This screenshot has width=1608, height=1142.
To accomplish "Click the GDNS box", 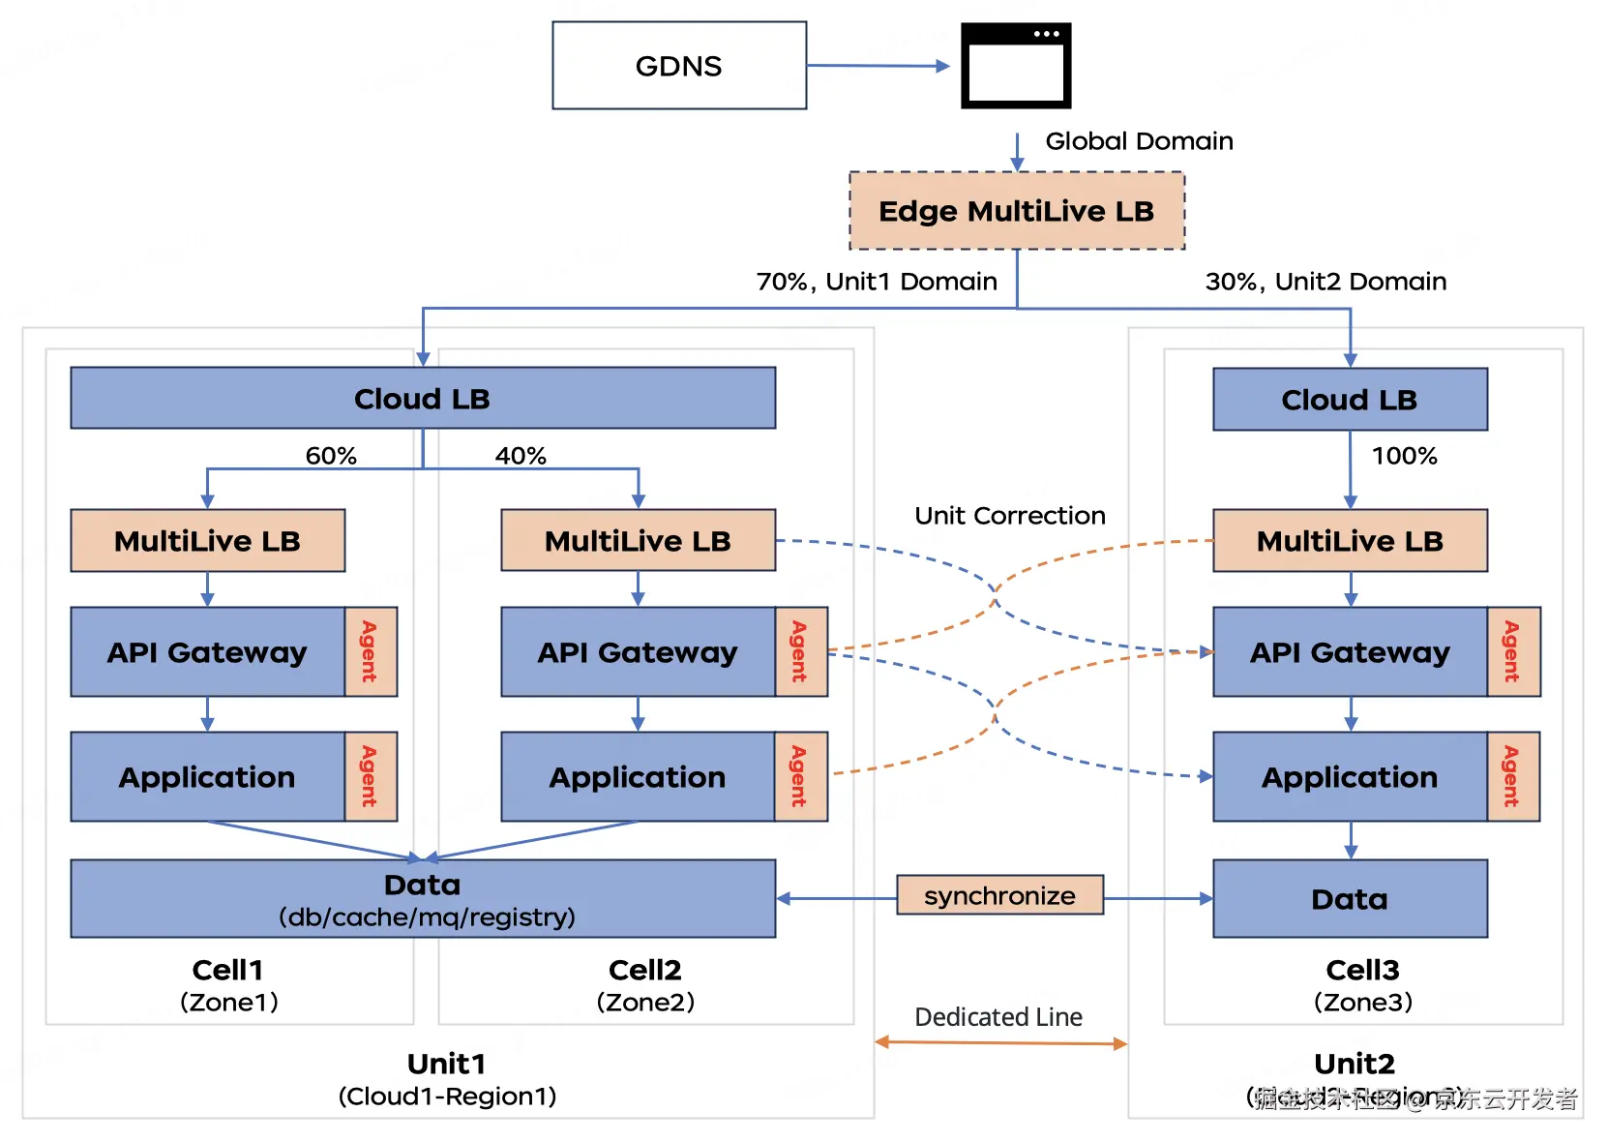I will point(678,66).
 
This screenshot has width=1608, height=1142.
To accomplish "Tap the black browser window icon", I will point(1015,66).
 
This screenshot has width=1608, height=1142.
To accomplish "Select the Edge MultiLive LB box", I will point(1016,211).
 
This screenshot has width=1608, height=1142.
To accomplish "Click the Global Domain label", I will point(1139,141).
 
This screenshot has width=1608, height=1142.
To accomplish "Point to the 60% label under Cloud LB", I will point(331,456).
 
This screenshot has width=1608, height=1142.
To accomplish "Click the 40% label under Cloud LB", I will point(521,456).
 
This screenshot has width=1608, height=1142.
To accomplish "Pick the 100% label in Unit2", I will point(1404,456).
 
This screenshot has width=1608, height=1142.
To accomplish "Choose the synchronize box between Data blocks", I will point(999,895).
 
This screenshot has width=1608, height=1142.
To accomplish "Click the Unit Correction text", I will point(1009,516).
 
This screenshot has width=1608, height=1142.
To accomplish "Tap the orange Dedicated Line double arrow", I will point(1000,1043).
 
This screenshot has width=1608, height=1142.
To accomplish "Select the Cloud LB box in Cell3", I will point(1350,400).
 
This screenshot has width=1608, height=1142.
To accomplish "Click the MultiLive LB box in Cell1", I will point(207,541).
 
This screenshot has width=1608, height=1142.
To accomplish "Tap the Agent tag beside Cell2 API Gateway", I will point(800,651).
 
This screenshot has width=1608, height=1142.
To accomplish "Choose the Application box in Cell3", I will point(1349,777).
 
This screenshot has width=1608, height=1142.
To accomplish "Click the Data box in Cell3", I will point(1349,899).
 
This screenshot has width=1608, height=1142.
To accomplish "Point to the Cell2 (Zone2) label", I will point(645,984).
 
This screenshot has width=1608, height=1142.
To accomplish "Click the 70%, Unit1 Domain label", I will point(876,282).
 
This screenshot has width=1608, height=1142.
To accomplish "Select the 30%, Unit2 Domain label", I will point(1325,282).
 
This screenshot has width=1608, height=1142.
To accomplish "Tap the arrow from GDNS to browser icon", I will point(877,66).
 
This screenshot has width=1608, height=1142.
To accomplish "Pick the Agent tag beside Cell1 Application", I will point(370,776).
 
